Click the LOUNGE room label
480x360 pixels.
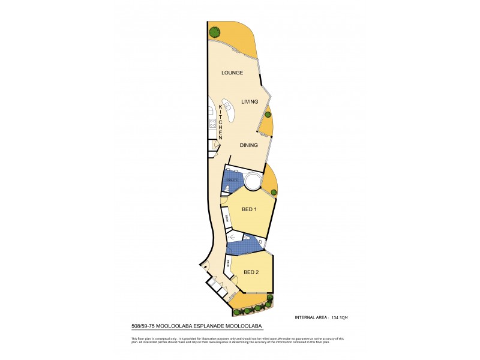pyautogui.click(x=232, y=73)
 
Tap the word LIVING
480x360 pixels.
pyautogui.click(x=250, y=102)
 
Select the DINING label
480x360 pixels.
pyautogui.click(x=248, y=145)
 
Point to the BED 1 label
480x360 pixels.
pyautogui.click(x=250, y=209)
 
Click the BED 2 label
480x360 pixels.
pyautogui.click(x=251, y=273)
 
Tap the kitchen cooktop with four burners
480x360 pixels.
pyautogui.click(x=212, y=124)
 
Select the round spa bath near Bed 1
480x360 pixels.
pyautogui.click(x=253, y=180)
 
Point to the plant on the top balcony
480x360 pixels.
pyautogui.click(x=214, y=32)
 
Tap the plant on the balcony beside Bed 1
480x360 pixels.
pyautogui.click(x=273, y=193)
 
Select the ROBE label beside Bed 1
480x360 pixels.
pyautogui.click(x=227, y=220)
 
